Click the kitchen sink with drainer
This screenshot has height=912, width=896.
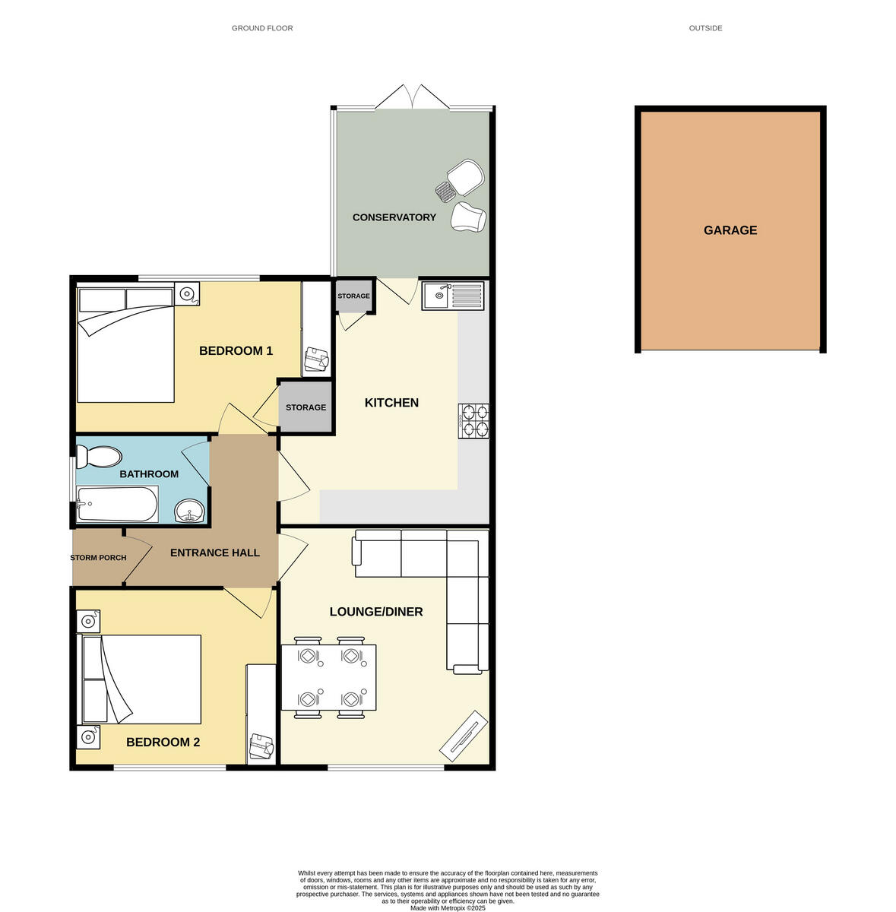click(x=453, y=295)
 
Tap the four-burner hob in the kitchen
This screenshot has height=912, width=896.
click(x=473, y=421)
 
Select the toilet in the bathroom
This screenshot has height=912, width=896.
click(x=99, y=458)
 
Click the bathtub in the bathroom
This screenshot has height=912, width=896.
click(x=117, y=505)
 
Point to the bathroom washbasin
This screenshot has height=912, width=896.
click(x=189, y=511)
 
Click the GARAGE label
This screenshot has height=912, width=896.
click(x=730, y=230)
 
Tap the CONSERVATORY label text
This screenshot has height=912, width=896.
click(x=394, y=217)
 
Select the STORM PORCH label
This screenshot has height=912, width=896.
click(x=98, y=558)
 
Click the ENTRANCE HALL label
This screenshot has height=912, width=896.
click(x=214, y=553)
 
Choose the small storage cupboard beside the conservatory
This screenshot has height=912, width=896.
click(x=353, y=296)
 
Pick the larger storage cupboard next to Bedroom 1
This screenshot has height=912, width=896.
click(x=306, y=407)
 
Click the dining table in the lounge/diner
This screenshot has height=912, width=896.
click(x=328, y=677)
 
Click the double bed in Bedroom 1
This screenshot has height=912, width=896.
click(x=125, y=345)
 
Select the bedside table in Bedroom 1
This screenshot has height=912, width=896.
click(x=186, y=293)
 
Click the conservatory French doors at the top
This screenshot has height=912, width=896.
click(x=411, y=97)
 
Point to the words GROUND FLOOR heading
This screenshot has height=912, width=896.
click(x=262, y=28)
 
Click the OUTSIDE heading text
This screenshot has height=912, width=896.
click(x=705, y=28)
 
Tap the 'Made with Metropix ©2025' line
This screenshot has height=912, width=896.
click(x=448, y=907)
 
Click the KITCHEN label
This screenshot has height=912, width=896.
click(x=391, y=403)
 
